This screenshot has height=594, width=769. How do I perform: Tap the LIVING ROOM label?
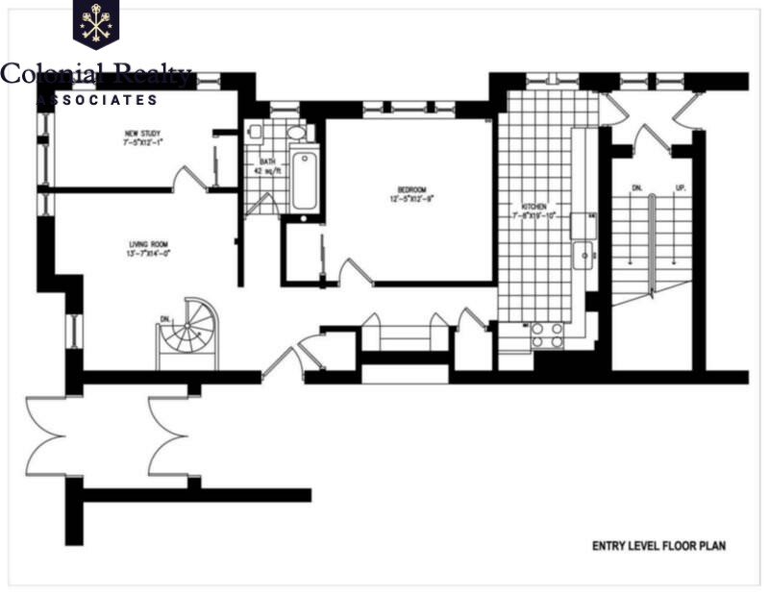(147, 244)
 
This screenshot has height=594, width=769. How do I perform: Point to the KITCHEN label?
(534, 207)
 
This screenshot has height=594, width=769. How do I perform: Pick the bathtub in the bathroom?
(305, 181)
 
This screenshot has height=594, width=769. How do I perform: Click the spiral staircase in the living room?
(188, 333)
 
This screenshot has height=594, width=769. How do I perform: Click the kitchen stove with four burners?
(548, 334)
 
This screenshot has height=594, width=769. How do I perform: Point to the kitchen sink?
(582, 255)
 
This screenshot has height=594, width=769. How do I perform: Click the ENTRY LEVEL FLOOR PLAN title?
(658, 546)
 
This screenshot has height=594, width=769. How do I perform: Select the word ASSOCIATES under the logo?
(96, 99)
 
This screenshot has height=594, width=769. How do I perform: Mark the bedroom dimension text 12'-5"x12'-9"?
(411, 200)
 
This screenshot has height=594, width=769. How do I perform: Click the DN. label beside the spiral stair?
(164, 318)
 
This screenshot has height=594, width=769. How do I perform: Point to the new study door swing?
(189, 177)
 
